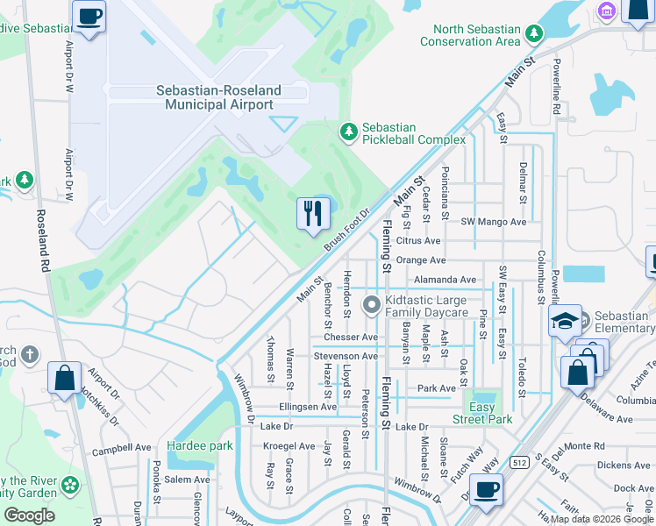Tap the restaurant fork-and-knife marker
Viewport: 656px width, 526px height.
(x=313, y=213)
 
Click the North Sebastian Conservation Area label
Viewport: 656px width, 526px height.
(x=470, y=35)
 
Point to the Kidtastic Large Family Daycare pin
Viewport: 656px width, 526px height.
(x=372, y=304)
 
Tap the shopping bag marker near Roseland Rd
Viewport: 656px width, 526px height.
(x=65, y=379)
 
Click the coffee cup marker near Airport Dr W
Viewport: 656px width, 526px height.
(x=89, y=16)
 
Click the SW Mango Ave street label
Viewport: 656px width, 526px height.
(x=494, y=222)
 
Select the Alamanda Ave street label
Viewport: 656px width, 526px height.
(x=446, y=279)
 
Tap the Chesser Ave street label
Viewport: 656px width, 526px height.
(x=350, y=337)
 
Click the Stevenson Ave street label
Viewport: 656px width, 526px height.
(x=346, y=356)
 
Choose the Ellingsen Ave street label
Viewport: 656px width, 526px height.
(x=308, y=407)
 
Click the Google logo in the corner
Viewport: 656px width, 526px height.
(x=29, y=515)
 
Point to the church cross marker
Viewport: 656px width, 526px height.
(x=30, y=355)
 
